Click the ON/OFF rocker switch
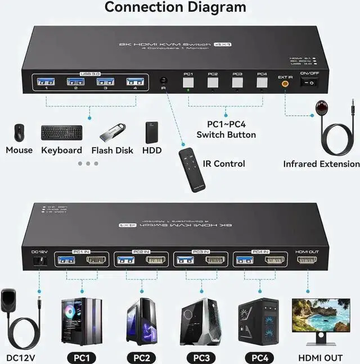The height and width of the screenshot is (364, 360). [308, 83]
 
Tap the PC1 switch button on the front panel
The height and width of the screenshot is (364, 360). [188, 83]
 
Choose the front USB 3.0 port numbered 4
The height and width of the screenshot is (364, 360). [131, 81]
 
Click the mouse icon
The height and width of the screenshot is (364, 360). [19, 133]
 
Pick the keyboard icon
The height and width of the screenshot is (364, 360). [61, 133]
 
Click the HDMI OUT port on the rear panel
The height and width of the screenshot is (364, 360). [307, 260]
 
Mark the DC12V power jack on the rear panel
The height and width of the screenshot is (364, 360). [38, 262]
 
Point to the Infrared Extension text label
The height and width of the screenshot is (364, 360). [321, 164]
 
